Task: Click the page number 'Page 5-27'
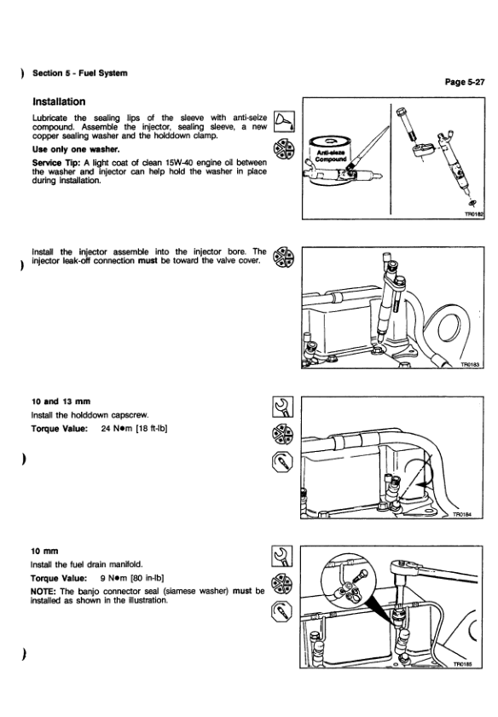click(x=465, y=82)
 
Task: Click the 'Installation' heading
click(x=59, y=101)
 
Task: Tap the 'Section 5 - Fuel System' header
click(x=80, y=73)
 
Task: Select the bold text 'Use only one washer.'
click(x=76, y=149)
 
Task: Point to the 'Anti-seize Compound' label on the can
click(x=331, y=155)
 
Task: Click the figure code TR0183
click(x=470, y=364)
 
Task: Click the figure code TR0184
click(x=462, y=514)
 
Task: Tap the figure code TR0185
click(x=463, y=664)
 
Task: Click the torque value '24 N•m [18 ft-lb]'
click(x=134, y=429)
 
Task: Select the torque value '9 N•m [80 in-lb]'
click(x=132, y=578)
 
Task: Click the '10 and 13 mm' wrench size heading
click(x=61, y=402)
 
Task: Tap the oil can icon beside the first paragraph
click(x=284, y=122)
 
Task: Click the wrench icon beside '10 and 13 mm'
click(x=282, y=407)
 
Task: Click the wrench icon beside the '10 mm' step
click(x=281, y=557)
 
